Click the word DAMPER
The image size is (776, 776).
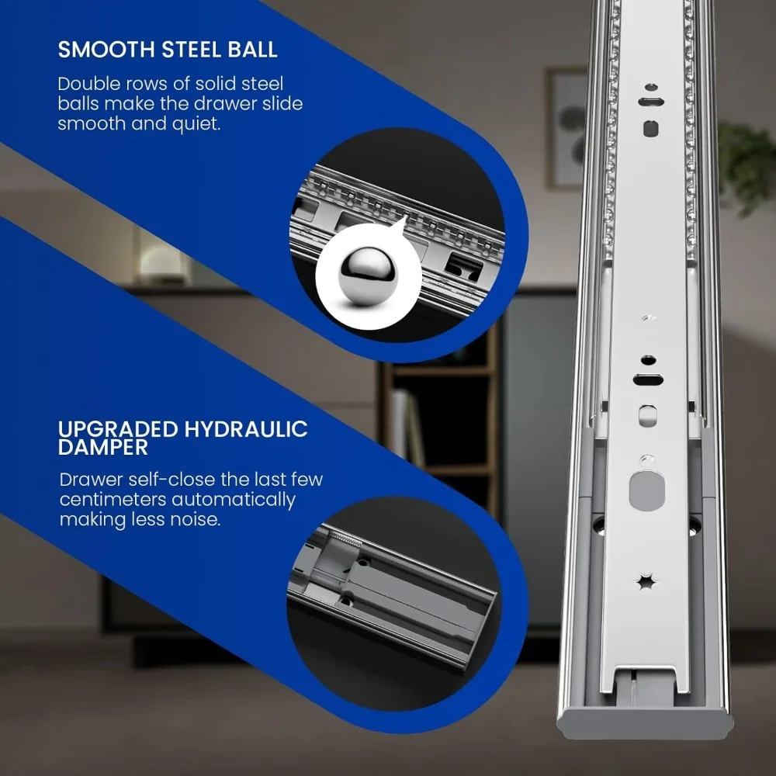[103, 448]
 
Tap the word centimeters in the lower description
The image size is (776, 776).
[113, 499]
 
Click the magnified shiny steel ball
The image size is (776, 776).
[368, 275]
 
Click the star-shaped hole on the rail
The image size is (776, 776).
[646, 581]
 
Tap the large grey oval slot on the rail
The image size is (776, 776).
[647, 490]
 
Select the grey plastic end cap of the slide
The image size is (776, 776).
[645, 723]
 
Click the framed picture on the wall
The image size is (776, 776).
[567, 128]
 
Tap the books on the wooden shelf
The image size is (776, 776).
[407, 428]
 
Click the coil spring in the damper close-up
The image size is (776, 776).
[345, 538]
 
